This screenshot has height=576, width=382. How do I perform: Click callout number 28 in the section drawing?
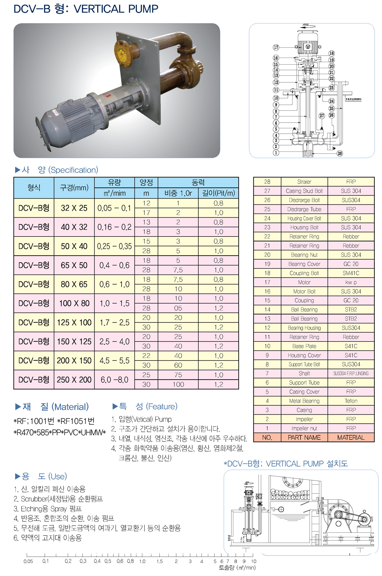(340, 153)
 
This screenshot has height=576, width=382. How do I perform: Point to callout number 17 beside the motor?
(276, 47)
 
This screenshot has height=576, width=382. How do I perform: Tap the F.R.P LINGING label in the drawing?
(353, 99)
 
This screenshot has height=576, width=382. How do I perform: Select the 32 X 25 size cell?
(74, 208)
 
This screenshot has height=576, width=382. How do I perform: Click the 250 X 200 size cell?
(74, 380)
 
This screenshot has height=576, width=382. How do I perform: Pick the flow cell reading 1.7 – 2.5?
(115, 322)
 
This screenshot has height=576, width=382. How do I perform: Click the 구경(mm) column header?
(74, 188)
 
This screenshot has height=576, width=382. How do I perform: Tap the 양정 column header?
(146, 182)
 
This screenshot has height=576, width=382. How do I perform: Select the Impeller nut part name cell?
(304, 428)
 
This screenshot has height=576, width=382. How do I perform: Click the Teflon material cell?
(351, 401)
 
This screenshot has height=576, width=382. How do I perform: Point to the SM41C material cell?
(351, 273)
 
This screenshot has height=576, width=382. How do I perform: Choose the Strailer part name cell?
(304, 182)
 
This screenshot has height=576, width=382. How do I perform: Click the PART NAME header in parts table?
(304, 438)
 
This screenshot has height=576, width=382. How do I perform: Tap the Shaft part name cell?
(304, 374)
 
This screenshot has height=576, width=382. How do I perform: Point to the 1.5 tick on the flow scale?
(159, 561)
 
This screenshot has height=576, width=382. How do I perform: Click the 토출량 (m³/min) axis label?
(237, 567)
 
